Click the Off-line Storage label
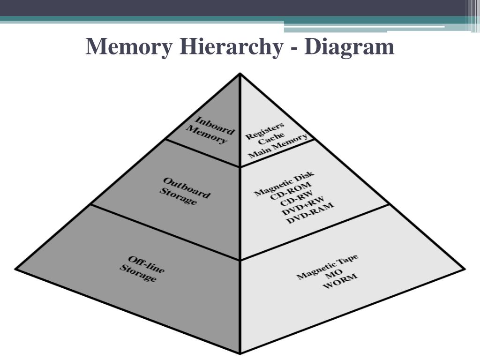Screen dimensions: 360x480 pyautogui.click(x=142, y=269)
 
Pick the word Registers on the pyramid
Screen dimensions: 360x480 pyautogui.click(x=265, y=131)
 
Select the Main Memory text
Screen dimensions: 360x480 pyautogui.click(x=277, y=147)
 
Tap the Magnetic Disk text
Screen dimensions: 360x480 pyautogui.click(x=284, y=185)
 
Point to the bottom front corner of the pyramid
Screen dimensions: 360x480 pyautogui.click(x=240, y=352)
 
